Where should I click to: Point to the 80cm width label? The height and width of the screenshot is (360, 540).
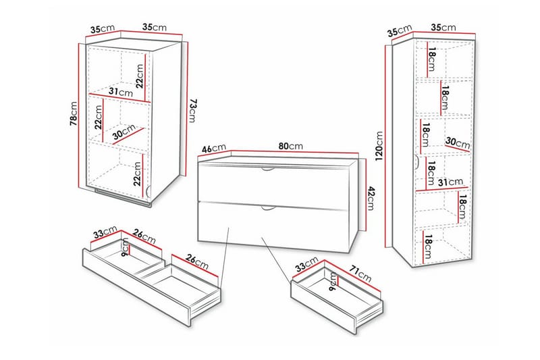pyautogui.click(x=290, y=146)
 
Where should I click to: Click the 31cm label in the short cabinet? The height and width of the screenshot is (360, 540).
pyautogui.click(x=122, y=92)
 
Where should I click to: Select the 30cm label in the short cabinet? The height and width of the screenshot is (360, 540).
pyautogui.click(x=124, y=132)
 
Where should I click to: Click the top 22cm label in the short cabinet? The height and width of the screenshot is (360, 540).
pyautogui.click(x=139, y=76)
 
